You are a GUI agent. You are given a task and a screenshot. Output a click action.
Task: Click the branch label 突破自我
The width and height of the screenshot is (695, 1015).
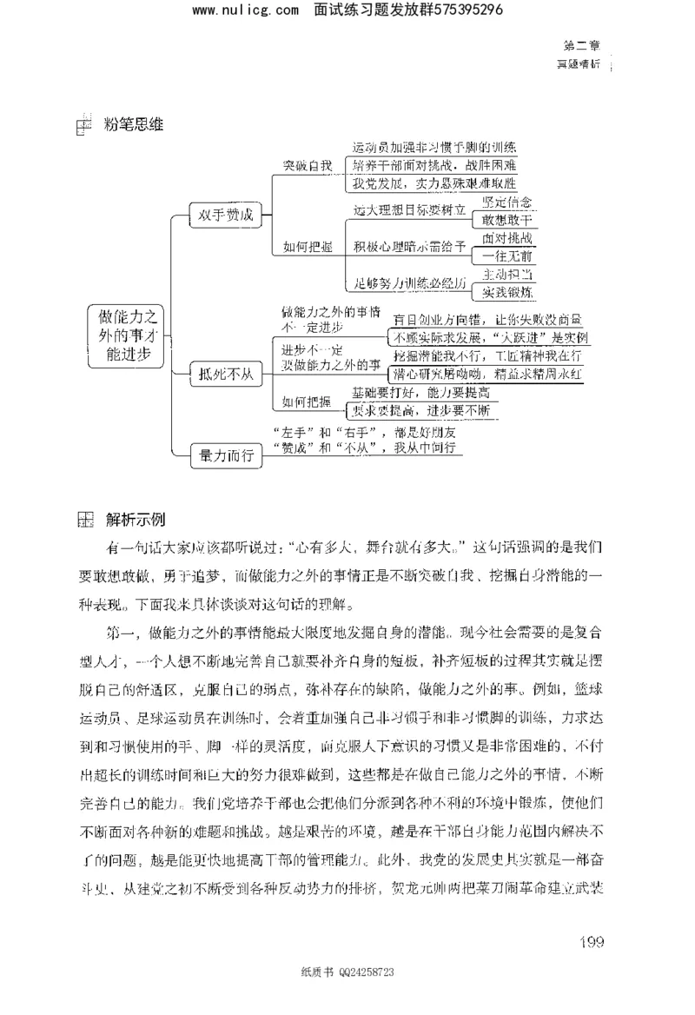[308, 164]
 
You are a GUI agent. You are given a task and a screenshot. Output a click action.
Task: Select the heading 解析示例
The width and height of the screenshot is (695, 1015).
[135, 520]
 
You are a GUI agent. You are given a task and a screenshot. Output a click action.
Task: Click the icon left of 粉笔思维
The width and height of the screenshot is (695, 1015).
[83, 126]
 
